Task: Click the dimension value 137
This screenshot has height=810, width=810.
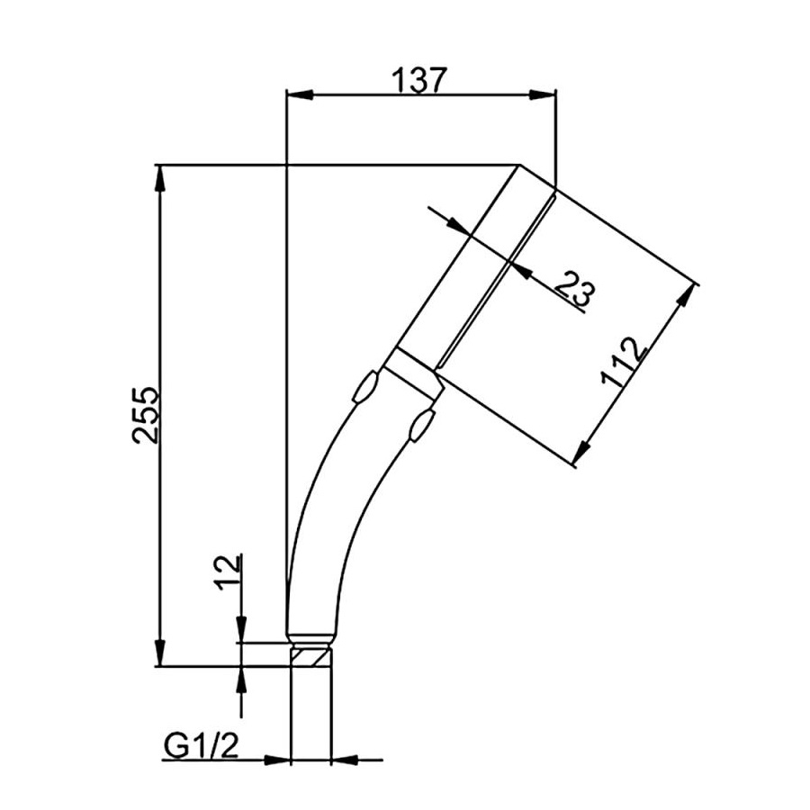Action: tap(418, 81)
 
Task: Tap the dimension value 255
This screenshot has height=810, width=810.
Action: tap(146, 415)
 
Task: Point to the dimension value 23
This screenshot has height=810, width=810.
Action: tap(575, 288)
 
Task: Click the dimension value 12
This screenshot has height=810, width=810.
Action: tap(229, 573)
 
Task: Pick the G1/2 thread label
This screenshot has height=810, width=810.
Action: tap(202, 746)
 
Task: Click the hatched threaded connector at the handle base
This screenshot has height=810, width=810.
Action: tap(311, 658)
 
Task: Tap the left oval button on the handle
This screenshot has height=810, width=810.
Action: tap(365, 386)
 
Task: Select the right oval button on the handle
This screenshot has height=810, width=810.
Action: tap(421, 425)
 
